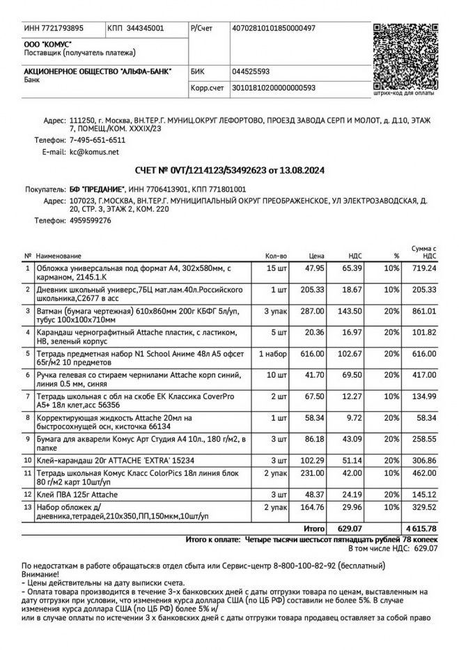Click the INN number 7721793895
tap(54, 29)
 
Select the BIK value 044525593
tap(251, 71)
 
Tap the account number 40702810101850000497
tap(273, 29)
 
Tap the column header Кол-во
tap(276, 256)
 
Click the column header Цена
tap(317, 256)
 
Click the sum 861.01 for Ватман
tap(423, 311)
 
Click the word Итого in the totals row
tap(314, 529)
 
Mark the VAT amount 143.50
tap(350, 311)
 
